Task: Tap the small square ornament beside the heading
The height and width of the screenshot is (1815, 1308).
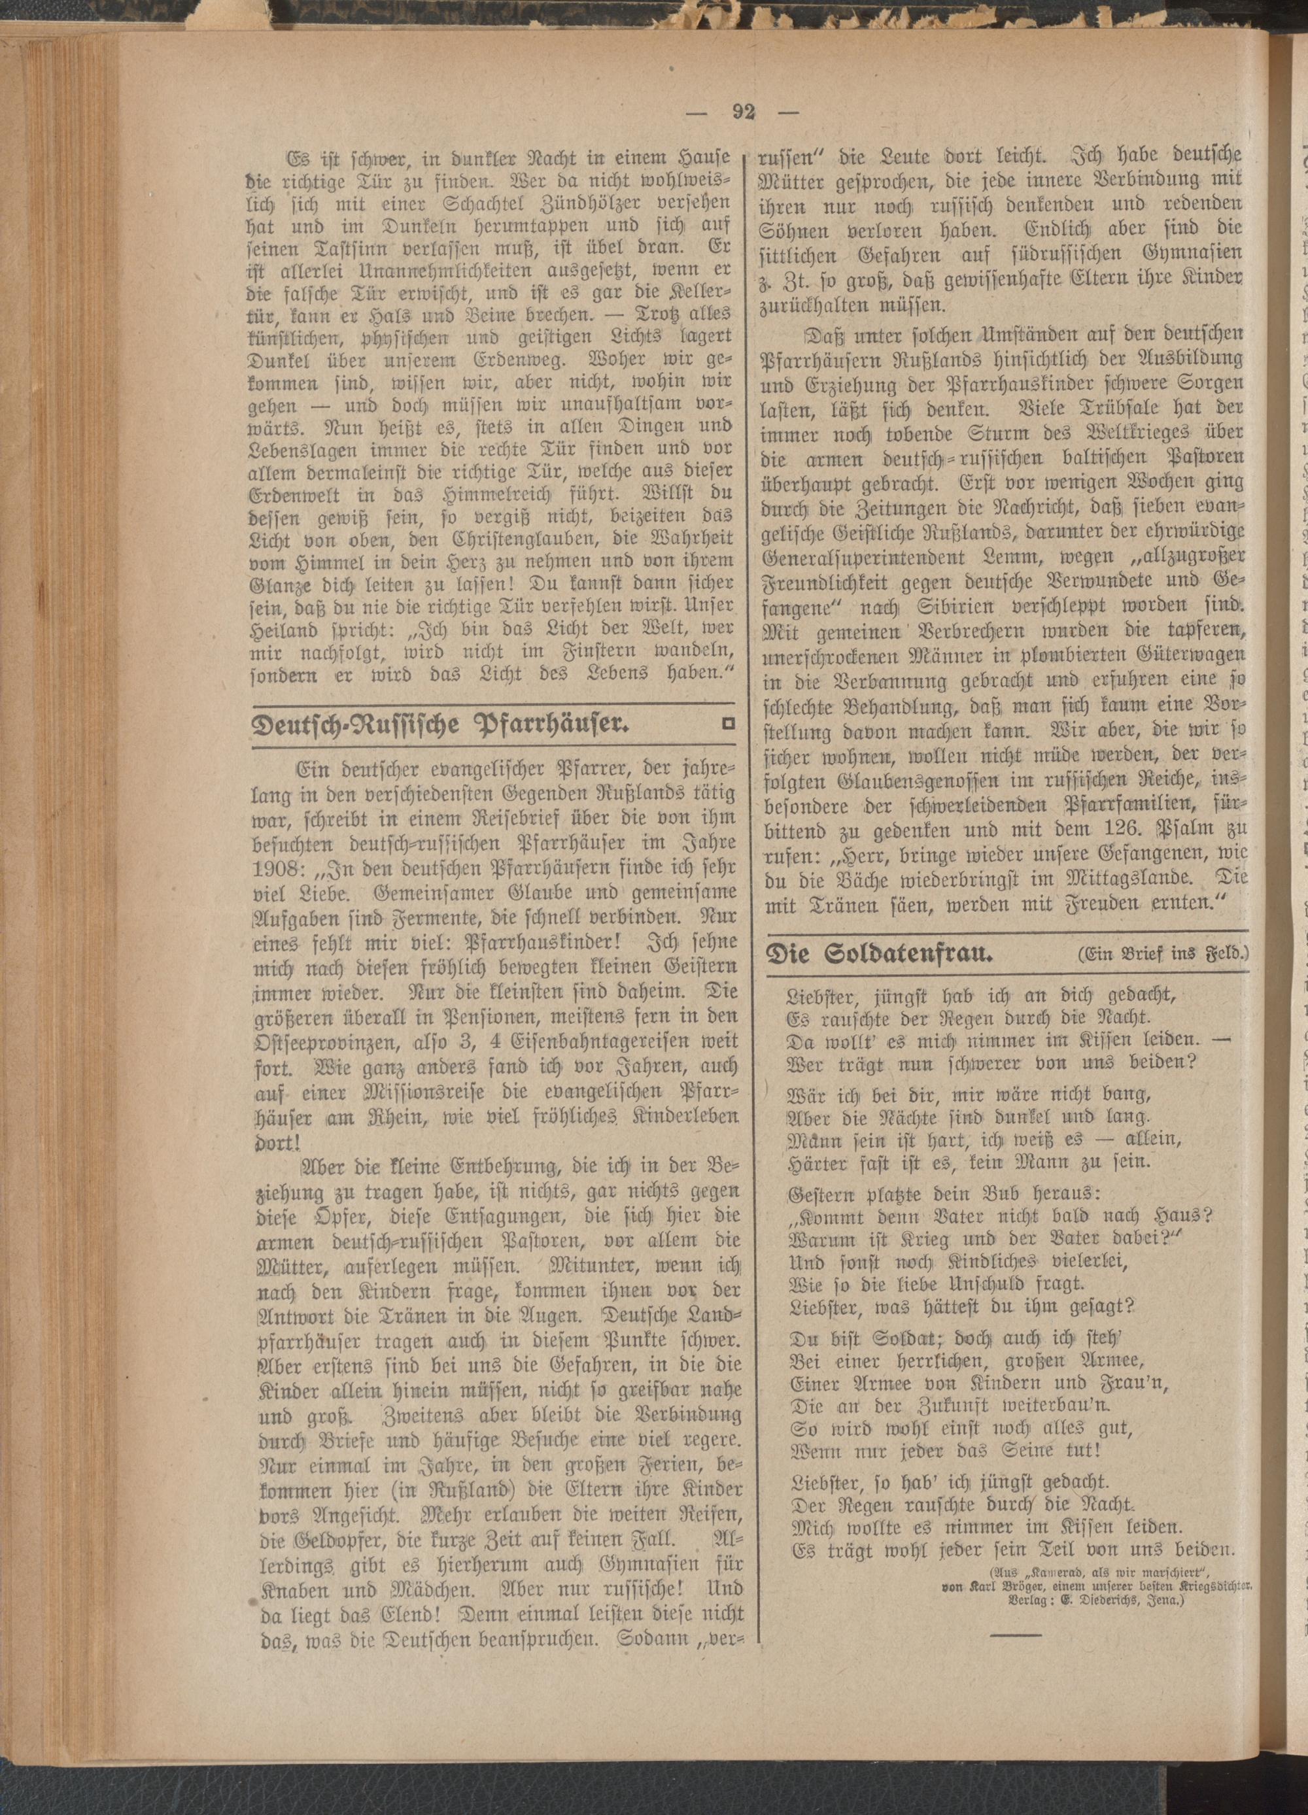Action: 728,724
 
